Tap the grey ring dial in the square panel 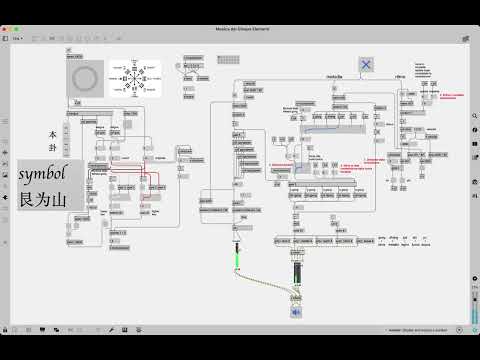pyautogui.click(x=86, y=77)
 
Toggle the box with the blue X pyautogui.click(x=366, y=64)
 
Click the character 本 pyautogui.click(x=53, y=134)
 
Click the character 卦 pyautogui.click(x=53, y=150)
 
